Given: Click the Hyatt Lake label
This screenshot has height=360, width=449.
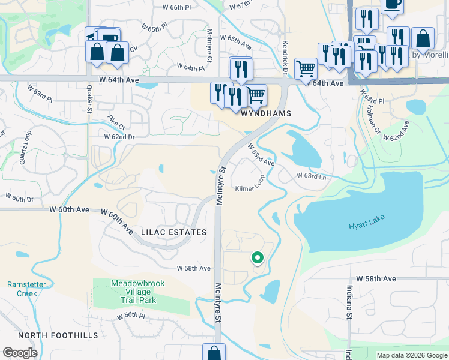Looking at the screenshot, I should (366, 226).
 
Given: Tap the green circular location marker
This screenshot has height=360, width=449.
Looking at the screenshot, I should (258, 258).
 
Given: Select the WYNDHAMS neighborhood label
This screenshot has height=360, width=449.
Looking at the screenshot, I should (266, 113).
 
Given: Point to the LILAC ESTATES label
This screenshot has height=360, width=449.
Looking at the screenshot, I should (173, 232).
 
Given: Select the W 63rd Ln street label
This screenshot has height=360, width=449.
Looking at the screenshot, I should (311, 176).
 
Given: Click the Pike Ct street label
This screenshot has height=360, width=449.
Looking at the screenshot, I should (116, 122).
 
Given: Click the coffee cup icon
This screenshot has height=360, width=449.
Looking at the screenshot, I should (392, 4).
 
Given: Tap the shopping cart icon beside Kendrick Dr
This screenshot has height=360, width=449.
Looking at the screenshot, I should (306, 69).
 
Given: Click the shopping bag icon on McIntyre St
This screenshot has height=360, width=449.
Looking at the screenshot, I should (214, 352).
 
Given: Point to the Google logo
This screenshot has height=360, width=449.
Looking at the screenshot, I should (20, 353).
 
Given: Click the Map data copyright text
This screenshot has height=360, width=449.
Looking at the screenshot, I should (411, 355).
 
